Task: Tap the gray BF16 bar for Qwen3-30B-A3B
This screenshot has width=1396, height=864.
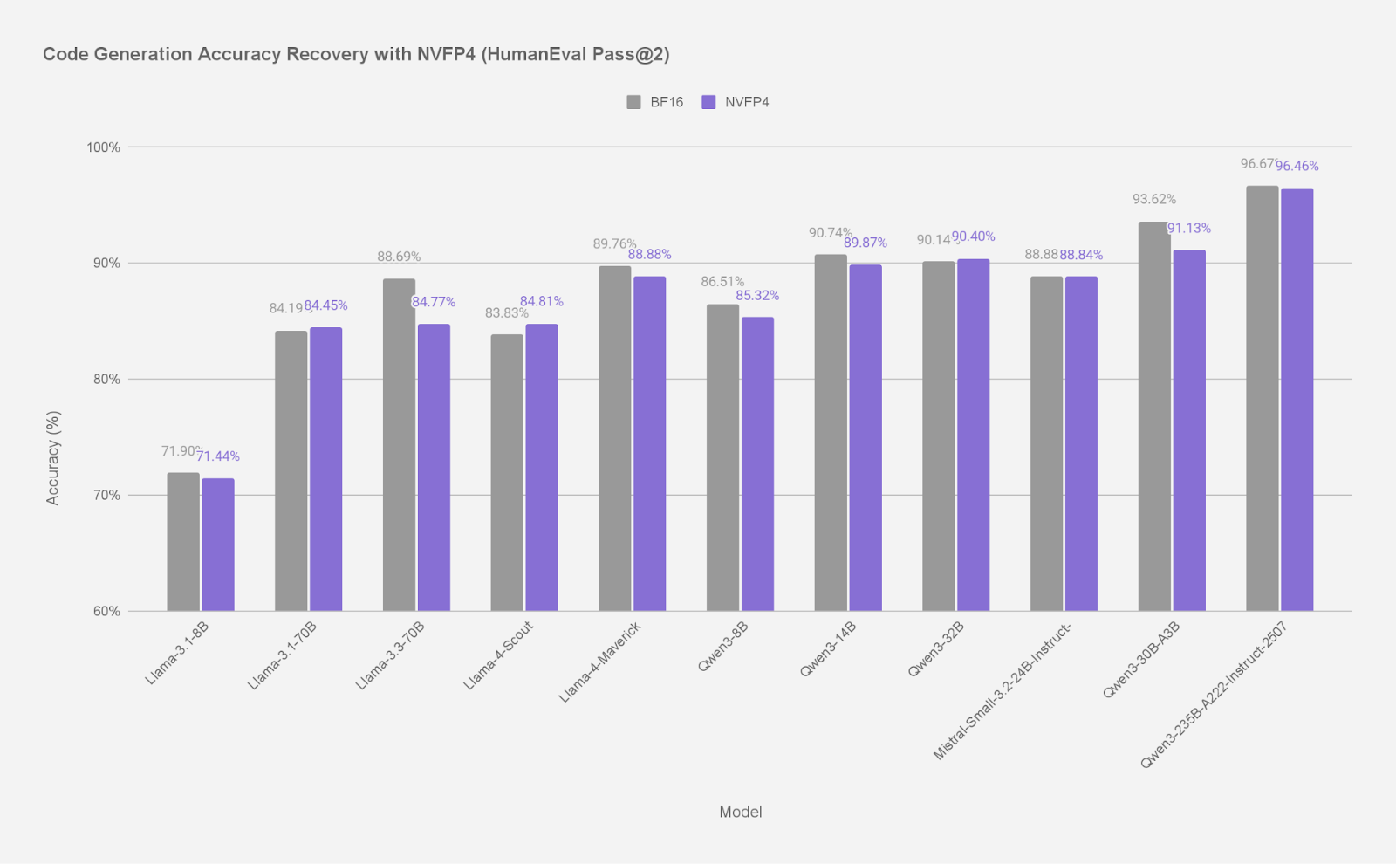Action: coord(1154,416)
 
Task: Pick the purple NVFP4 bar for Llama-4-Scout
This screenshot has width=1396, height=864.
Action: coord(542,467)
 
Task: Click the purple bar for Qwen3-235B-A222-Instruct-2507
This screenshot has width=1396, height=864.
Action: coord(1297,399)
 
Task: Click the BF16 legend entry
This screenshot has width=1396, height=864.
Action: coord(655,102)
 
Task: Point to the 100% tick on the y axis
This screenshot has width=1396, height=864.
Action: coord(103,147)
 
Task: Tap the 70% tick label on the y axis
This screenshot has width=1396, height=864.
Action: coord(106,495)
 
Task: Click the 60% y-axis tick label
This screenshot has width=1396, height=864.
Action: coord(106,611)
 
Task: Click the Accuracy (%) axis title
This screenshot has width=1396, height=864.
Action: coord(53,458)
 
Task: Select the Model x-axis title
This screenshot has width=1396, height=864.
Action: coord(740,812)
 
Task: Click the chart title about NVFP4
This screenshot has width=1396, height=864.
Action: coord(356,54)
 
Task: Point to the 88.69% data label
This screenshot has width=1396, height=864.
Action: coord(399,257)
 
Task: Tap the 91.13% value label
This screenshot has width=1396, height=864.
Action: coord(1189,229)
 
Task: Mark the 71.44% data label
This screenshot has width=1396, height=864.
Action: coord(218,456)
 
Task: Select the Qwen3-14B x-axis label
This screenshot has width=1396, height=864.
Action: coord(827,649)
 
